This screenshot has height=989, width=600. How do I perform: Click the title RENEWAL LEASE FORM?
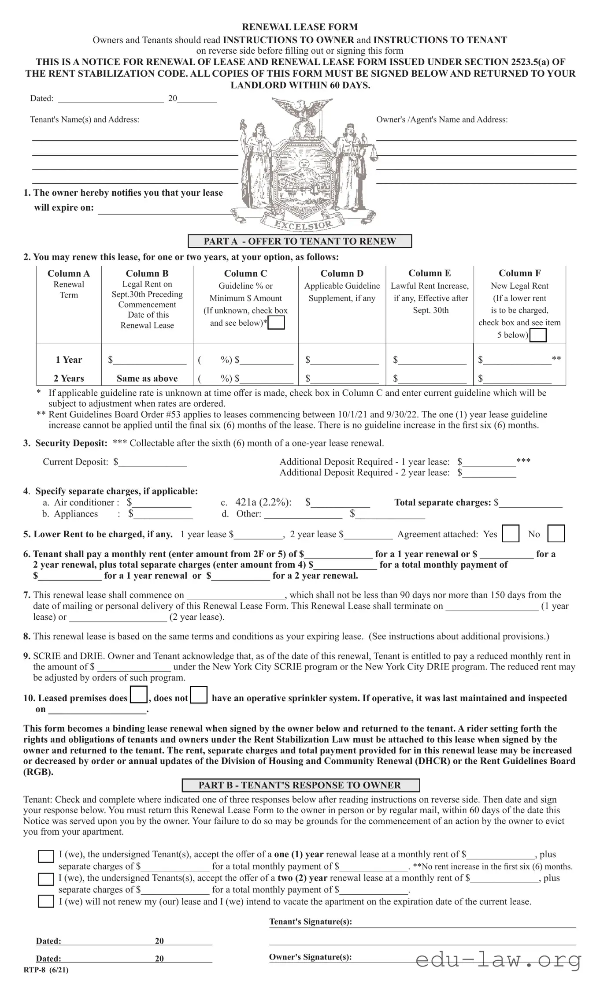[x=300, y=27]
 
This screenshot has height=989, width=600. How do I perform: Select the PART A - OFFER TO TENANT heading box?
[x=300, y=241]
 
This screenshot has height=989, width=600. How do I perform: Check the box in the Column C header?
[x=276, y=323]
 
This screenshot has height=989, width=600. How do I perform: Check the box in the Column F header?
[x=537, y=335]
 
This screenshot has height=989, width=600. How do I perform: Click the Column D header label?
[x=342, y=273]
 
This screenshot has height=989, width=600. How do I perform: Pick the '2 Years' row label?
[x=69, y=378]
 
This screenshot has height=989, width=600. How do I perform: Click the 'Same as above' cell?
[x=147, y=378]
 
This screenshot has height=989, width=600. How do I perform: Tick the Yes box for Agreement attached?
[x=511, y=534]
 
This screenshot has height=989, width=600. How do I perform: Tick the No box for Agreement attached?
[x=556, y=534]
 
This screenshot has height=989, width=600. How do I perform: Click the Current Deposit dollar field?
[x=152, y=462]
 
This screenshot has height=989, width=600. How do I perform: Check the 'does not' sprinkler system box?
[x=199, y=695]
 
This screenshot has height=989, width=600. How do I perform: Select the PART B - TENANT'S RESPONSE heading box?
[x=300, y=785]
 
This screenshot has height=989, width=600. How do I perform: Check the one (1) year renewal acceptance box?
[x=45, y=856]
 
